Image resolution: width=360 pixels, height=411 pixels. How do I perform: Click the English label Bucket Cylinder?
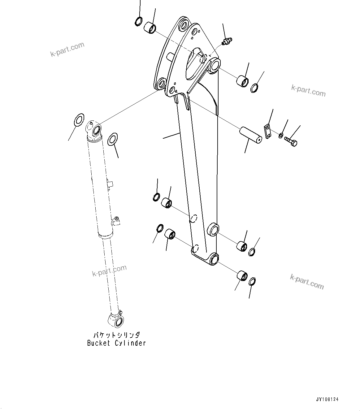tap(116, 343)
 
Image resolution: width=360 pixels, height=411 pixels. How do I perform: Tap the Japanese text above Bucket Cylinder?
tap(117, 335)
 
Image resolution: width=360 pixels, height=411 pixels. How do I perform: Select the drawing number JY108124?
tap(327, 400)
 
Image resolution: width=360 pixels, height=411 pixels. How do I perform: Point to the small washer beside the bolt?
tap(280, 135)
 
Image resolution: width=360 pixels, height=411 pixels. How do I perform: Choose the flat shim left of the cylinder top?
tap(79, 119)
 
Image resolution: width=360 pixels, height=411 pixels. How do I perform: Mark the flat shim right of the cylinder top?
tap(113, 139)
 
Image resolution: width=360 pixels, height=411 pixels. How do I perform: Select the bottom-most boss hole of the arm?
tap(213, 259)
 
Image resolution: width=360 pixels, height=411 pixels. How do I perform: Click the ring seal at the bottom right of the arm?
tap(252, 281)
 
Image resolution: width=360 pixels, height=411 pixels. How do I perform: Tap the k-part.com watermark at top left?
tap(67, 50)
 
